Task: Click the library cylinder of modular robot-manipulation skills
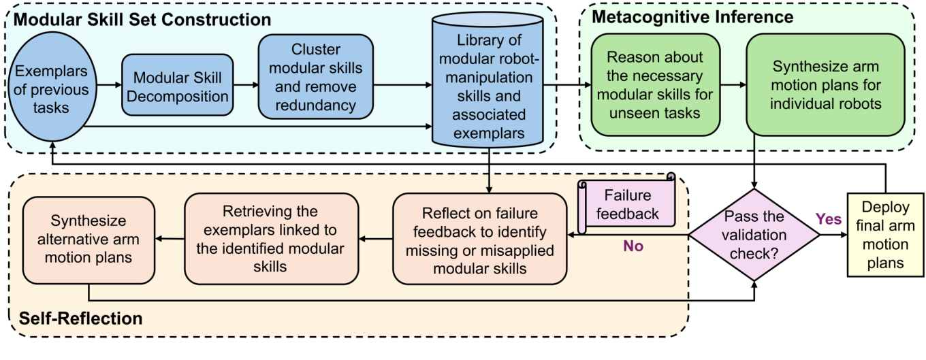(488, 85)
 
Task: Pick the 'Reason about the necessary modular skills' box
(654, 84)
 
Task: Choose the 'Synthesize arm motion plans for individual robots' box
(825, 84)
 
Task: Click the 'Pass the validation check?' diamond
(754, 235)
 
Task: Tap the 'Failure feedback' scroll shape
(626, 204)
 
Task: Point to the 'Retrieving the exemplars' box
(272, 239)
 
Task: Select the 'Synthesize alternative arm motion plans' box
(89, 240)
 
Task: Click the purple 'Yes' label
(829, 219)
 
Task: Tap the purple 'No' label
(633, 246)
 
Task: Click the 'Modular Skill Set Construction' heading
(142, 18)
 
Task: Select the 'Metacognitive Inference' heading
(692, 16)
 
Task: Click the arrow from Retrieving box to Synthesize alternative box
(170, 239)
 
